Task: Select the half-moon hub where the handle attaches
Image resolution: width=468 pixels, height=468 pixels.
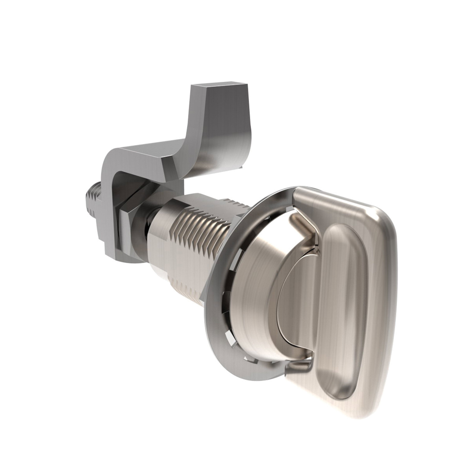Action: point(293,309)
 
